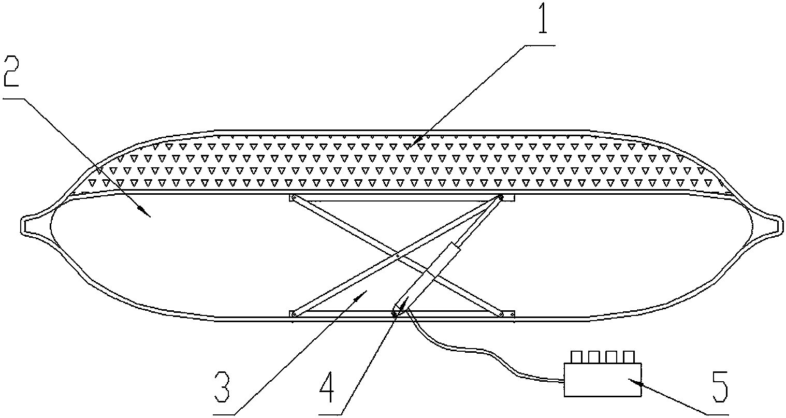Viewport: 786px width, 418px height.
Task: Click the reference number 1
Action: click(x=543, y=17)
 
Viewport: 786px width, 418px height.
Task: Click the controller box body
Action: click(x=603, y=380)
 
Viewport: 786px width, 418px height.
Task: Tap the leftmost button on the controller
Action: click(x=576, y=356)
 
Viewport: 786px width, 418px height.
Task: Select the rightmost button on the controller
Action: click(x=629, y=356)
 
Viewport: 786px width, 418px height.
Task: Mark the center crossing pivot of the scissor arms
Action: click(x=397, y=256)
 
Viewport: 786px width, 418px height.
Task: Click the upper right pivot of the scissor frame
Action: click(x=500, y=197)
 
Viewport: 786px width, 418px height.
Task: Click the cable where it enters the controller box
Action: click(x=563, y=380)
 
